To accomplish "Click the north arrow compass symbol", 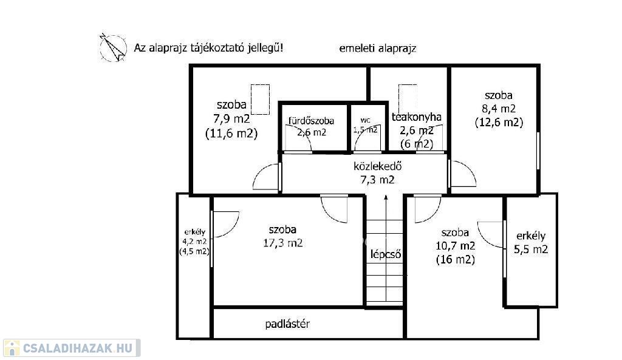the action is (113, 47).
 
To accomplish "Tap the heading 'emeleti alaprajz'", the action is (378, 49).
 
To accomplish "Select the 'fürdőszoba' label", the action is (311, 121).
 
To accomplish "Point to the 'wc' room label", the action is (365, 120).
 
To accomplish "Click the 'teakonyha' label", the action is (417, 117).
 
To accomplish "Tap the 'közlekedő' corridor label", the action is (377, 166).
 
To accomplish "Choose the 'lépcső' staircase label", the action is (386, 254).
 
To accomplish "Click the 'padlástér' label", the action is (287, 324).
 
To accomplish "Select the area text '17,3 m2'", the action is (283, 243).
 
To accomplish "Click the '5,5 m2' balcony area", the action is (531, 250).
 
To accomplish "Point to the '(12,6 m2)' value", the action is (499, 122).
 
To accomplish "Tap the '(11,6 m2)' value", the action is (231, 133).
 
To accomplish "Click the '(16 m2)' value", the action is (456, 260).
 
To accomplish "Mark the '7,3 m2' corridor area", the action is (377, 180).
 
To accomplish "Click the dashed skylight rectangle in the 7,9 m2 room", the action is (260, 100).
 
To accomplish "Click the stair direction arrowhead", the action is (386, 199).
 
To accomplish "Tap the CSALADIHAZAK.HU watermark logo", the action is (72, 348).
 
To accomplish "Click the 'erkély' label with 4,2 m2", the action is (195, 233).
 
